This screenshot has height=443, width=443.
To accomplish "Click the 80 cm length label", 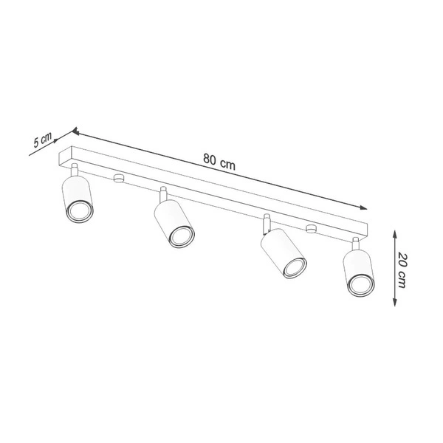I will (x=219, y=164).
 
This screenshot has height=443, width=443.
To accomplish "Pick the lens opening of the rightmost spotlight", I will (x=360, y=284).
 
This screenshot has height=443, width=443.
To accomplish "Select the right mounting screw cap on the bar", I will (x=311, y=227).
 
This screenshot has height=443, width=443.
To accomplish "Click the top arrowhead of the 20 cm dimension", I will (x=396, y=230).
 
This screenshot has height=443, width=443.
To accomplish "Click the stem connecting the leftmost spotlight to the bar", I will (x=76, y=171).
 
